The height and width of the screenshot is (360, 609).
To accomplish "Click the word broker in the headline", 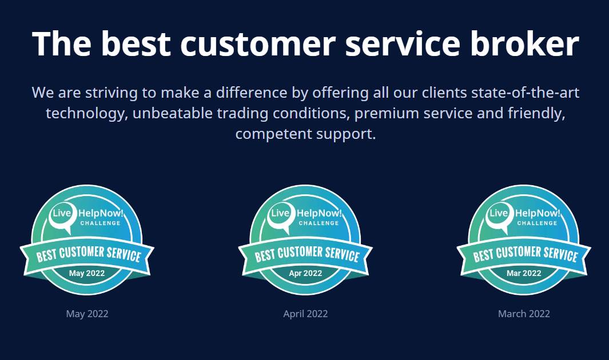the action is pyautogui.click(x=525, y=43).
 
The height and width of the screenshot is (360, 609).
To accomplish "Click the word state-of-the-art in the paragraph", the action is pyautogui.click(x=525, y=93).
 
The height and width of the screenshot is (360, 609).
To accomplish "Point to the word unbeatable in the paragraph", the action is pyautogui.click(x=173, y=113).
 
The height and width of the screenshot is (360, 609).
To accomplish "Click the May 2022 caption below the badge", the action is pyautogui.click(x=87, y=314).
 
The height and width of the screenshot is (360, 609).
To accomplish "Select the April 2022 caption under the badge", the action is pyautogui.click(x=306, y=314).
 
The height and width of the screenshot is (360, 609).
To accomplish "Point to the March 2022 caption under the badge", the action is pyautogui.click(x=524, y=314).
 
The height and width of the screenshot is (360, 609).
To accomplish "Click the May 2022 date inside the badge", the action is pyautogui.click(x=87, y=273).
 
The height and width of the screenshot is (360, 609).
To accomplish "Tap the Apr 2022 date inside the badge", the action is pyautogui.click(x=306, y=273).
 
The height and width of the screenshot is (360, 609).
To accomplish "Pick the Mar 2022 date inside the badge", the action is pyautogui.click(x=524, y=273).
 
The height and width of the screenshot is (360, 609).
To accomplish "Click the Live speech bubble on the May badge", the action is pyautogui.click(x=62, y=215).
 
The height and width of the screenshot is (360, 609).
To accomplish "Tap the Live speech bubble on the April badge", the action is pyautogui.click(x=281, y=215).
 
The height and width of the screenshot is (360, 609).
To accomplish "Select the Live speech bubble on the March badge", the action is pyautogui.click(x=499, y=215).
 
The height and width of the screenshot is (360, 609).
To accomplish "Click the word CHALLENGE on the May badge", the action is pyautogui.click(x=100, y=223).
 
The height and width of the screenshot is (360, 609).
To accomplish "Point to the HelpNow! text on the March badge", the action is pyautogui.click(x=538, y=213).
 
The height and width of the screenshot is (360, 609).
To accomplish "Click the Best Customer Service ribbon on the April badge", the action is pyautogui.click(x=306, y=255).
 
